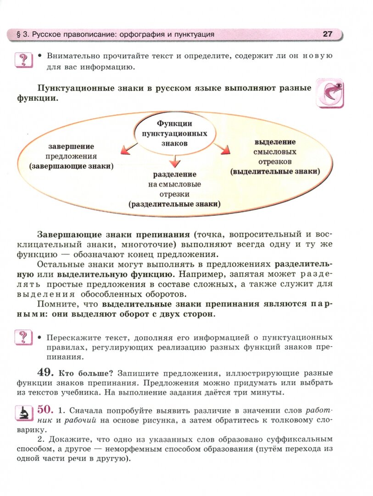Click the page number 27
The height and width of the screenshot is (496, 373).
click(327, 34)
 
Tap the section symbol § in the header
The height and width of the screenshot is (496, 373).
click(18, 34)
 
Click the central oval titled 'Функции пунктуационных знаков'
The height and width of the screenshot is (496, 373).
click(174, 133)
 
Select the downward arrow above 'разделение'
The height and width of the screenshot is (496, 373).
click(174, 160)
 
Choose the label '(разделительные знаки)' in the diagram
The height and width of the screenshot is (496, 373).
click(174, 204)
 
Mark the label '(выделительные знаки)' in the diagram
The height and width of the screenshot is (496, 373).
click(275, 171)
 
